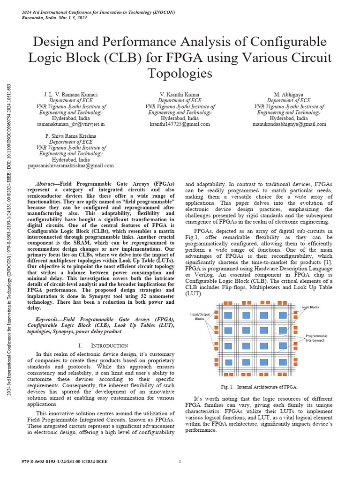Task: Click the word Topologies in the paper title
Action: point(180,74)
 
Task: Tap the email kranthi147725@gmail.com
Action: point(180,124)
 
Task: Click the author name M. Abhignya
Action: point(289,94)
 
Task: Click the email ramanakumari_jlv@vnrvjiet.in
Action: point(71,124)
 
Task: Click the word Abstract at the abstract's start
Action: point(49,184)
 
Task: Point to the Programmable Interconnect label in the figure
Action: point(316,338)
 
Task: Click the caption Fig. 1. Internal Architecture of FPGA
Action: point(259,387)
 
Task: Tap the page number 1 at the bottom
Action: point(180,462)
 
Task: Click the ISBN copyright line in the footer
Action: point(64,462)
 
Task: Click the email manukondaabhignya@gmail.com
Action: point(289,124)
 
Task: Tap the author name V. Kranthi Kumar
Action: point(180,94)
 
